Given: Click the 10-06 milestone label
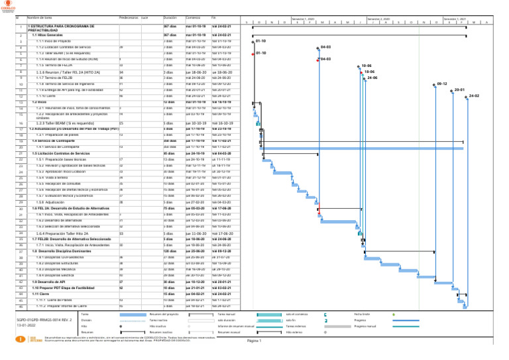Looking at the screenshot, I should point(367,66).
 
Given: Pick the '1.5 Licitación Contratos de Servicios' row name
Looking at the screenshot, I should point(64,153).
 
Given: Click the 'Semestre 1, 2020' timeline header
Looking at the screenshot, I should point(303,20).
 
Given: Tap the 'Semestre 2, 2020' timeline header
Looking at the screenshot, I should point(379,20).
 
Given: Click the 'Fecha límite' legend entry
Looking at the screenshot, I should point(363,314).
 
